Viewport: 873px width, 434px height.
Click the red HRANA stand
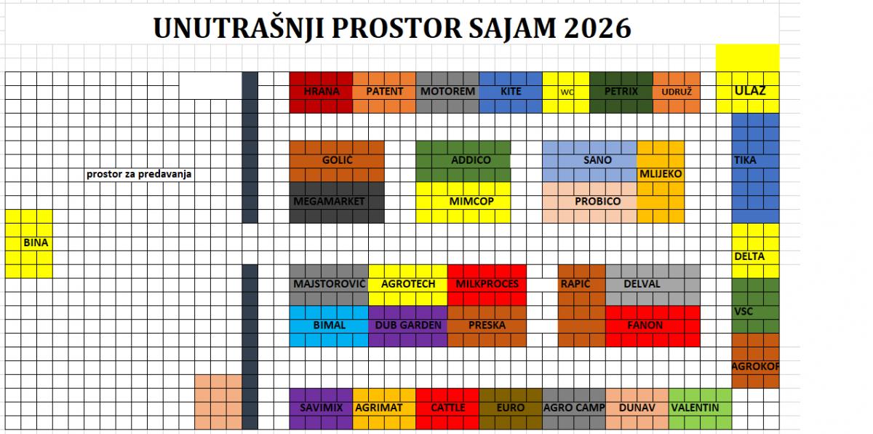point(321,92)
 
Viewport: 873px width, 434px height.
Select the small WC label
point(567,92)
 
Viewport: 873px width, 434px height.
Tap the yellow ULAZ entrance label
point(750,91)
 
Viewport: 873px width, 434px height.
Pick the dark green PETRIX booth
point(621,92)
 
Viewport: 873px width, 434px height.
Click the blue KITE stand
point(511,92)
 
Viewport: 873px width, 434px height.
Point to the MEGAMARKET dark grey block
point(337,202)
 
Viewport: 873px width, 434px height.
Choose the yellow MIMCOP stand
point(463,202)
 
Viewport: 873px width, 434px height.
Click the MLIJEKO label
point(661,174)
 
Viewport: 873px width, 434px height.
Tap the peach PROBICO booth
point(590,202)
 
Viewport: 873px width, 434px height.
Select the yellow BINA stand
point(29,244)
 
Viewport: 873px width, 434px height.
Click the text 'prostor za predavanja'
point(139,174)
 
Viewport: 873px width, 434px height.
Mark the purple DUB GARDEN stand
point(407,326)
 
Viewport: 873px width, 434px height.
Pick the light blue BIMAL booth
point(329,326)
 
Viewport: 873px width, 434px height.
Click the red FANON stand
point(653,326)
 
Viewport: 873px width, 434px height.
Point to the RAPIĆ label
point(575,283)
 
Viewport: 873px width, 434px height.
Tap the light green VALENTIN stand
point(701,409)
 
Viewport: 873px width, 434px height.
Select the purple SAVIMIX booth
point(321,409)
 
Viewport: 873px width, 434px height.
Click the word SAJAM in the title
point(512,29)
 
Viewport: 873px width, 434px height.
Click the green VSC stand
point(755,306)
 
